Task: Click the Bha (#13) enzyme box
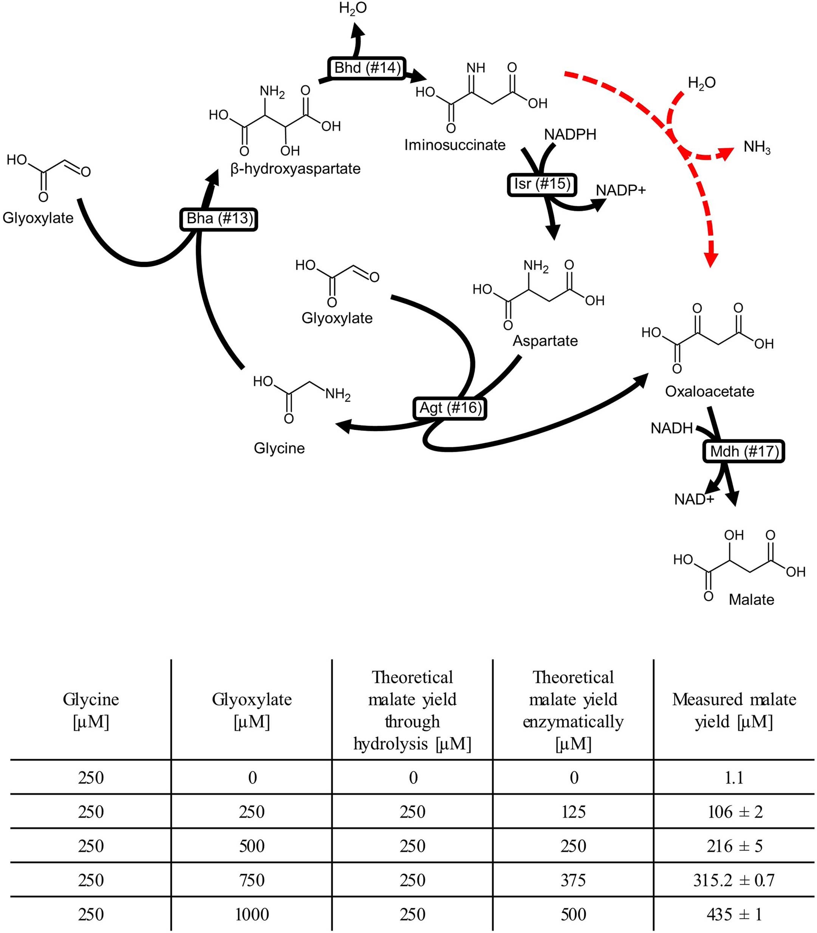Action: (219, 219)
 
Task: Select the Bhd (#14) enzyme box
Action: (367, 68)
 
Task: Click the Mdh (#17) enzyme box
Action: (744, 451)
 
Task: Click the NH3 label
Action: (757, 147)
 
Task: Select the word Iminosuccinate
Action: (455, 145)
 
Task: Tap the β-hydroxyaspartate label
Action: (296, 169)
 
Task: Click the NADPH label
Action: (570, 135)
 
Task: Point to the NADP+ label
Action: (620, 190)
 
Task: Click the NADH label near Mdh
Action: (671, 428)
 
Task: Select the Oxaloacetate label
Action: (709, 391)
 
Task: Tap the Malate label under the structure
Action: (751, 599)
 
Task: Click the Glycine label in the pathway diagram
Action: (279, 448)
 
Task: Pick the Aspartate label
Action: (545, 341)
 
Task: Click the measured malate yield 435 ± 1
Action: (734, 914)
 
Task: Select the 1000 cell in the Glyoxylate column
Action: (252, 914)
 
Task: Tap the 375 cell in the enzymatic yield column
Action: (573, 880)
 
